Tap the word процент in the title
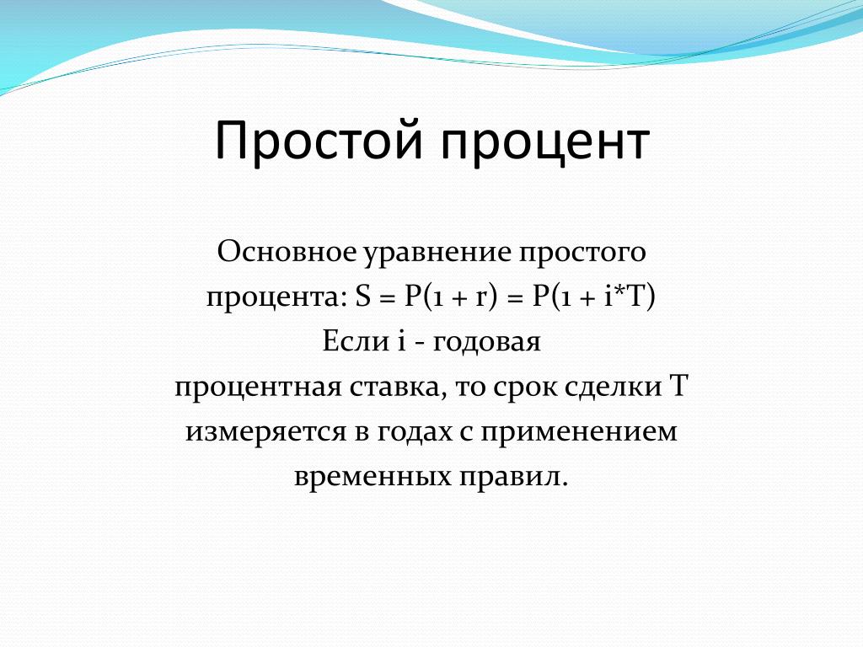point(545,143)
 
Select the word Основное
point(287,252)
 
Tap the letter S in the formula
point(363,297)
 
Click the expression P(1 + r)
point(451,298)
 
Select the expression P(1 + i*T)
point(593,298)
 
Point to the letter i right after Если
point(401,341)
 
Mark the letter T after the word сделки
point(678,386)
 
